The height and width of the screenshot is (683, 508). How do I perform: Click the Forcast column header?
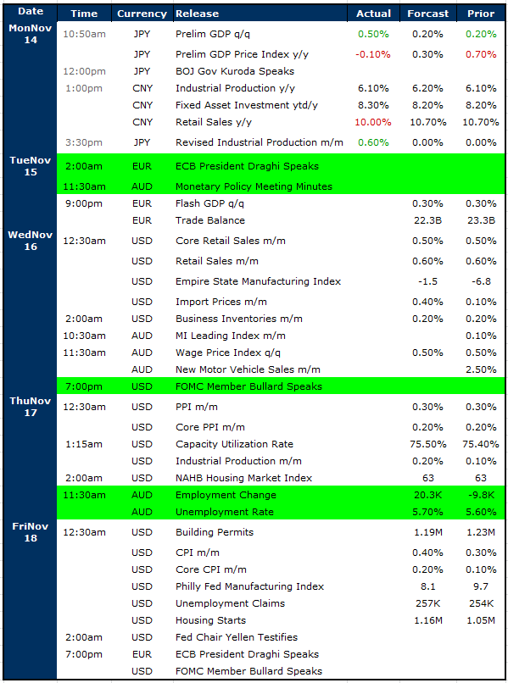coord(427,14)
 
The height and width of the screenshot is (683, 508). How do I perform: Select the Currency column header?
coord(142,14)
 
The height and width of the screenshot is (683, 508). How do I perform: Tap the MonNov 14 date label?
coord(31,34)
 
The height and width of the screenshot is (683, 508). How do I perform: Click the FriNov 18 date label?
coord(31,532)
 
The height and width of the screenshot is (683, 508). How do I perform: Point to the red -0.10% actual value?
coord(373,54)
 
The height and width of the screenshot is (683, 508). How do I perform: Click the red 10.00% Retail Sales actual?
coord(373,122)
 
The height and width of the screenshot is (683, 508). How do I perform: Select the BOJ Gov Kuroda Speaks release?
coord(235,71)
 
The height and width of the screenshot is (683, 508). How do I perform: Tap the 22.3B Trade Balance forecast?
coord(427,220)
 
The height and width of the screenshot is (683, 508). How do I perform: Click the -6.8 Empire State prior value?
coord(481,281)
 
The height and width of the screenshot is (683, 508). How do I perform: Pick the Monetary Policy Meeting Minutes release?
coord(254,186)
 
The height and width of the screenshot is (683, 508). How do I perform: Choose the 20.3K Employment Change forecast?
coord(427,495)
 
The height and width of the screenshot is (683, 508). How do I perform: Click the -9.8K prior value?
coord(481,495)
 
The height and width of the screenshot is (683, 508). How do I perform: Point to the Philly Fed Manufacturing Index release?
coord(249,586)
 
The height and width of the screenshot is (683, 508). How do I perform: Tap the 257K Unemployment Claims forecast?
coord(427,603)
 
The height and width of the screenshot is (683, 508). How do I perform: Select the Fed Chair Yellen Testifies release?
coord(237,637)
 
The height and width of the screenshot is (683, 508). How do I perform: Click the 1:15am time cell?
coord(84,444)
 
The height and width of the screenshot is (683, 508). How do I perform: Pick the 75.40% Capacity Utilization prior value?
coord(481,444)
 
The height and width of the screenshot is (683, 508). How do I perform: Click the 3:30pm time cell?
coord(84,142)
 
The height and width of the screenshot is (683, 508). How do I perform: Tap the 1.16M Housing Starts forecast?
coord(427,620)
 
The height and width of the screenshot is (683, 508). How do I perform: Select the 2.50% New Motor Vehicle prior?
coord(481,369)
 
